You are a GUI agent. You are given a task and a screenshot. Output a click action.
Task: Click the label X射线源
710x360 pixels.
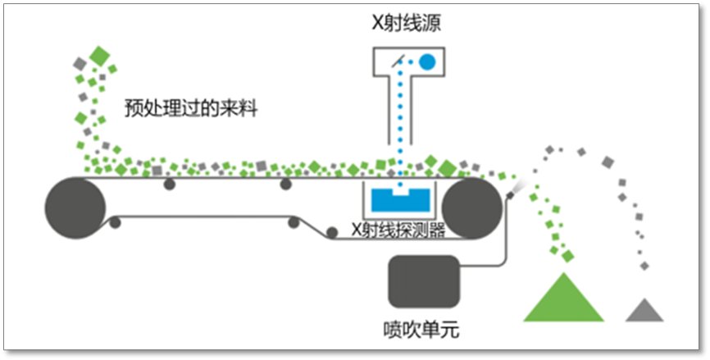[406, 23]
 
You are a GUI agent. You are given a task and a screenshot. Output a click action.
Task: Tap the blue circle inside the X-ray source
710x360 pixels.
[427, 61]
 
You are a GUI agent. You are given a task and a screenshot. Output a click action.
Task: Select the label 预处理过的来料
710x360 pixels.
[191, 108]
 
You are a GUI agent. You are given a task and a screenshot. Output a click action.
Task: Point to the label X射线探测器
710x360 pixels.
[398, 230]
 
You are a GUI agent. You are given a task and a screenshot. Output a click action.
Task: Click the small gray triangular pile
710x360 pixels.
[644, 311]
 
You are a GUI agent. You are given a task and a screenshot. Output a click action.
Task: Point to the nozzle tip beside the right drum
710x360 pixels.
[514, 189]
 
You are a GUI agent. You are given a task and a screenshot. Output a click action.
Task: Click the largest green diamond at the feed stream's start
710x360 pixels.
[100, 57]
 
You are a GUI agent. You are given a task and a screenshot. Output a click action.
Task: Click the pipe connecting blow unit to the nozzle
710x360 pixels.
[501, 246]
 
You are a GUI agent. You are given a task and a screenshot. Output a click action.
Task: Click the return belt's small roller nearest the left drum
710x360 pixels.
[115, 221]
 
